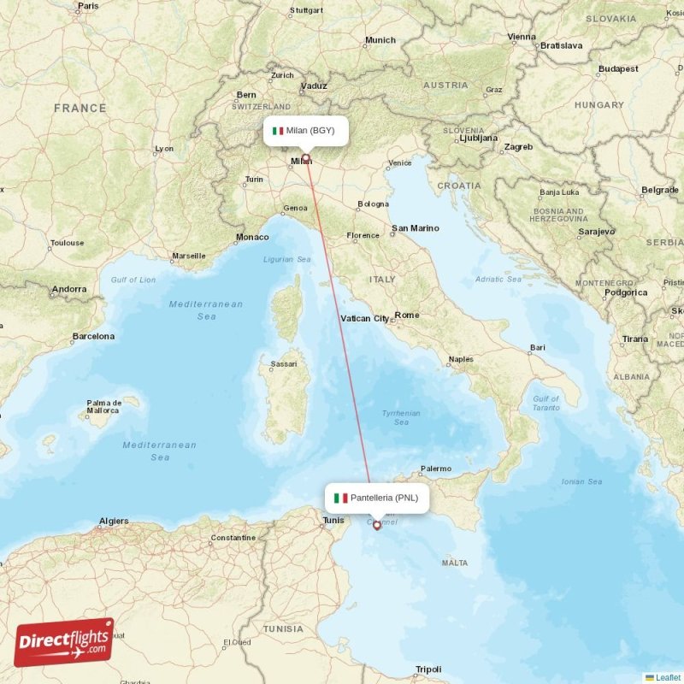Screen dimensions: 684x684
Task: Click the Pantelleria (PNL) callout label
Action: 376,497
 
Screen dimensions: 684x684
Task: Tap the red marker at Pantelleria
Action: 376,525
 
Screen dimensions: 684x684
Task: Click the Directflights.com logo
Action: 63,642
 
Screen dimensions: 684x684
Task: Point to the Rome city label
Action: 407,315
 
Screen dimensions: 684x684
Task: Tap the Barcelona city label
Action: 93,336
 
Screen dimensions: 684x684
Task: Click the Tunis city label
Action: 333,520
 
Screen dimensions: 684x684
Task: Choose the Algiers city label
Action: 114,521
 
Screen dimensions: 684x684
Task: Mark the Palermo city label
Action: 435,469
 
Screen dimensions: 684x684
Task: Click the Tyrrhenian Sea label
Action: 401,417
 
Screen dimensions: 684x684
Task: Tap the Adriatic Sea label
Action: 498,279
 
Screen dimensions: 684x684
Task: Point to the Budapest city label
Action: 617,68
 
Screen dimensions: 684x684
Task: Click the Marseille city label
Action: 188,255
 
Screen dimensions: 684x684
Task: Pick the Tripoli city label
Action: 428,669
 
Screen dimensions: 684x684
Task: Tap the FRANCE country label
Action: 80,109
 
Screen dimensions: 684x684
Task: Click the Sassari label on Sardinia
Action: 284,364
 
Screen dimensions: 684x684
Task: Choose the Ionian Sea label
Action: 581,481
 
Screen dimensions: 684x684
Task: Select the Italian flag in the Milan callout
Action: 277,131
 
